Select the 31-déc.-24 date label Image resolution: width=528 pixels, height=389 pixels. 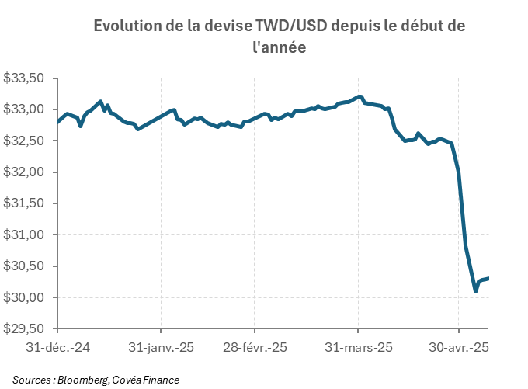(58, 347)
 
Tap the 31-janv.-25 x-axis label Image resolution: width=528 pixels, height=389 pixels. (161, 347)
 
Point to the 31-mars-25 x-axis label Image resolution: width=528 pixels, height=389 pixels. (358, 347)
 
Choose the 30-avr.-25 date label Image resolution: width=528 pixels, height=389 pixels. (458, 347)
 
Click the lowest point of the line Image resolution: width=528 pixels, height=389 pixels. (476, 291)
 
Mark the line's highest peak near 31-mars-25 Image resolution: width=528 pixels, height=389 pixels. (359, 96)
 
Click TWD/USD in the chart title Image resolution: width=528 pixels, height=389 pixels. (291, 26)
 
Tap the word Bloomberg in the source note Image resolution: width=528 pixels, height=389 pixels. (82, 380)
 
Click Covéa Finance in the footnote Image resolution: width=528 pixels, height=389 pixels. (145, 380)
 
